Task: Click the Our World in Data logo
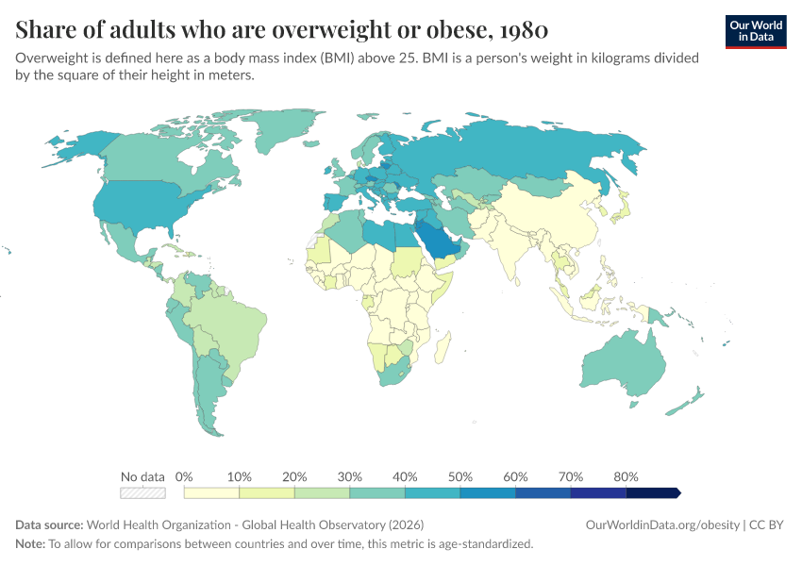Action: (x=756, y=32)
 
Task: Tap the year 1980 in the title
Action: (x=524, y=29)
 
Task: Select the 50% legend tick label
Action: (x=459, y=476)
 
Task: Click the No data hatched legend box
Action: (x=142, y=492)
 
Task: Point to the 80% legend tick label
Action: (x=626, y=476)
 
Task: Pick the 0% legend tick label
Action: (x=184, y=476)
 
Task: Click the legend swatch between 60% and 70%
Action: (x=543, y=492)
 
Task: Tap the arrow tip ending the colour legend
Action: (x=681, y=492)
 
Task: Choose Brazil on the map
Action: (x=230, y=327)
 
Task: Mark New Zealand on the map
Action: (x=684, y=403)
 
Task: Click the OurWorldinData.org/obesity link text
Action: (x=663, y=525)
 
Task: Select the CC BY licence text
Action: (x=766, y=525)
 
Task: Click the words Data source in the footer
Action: (x=49, y=525)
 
